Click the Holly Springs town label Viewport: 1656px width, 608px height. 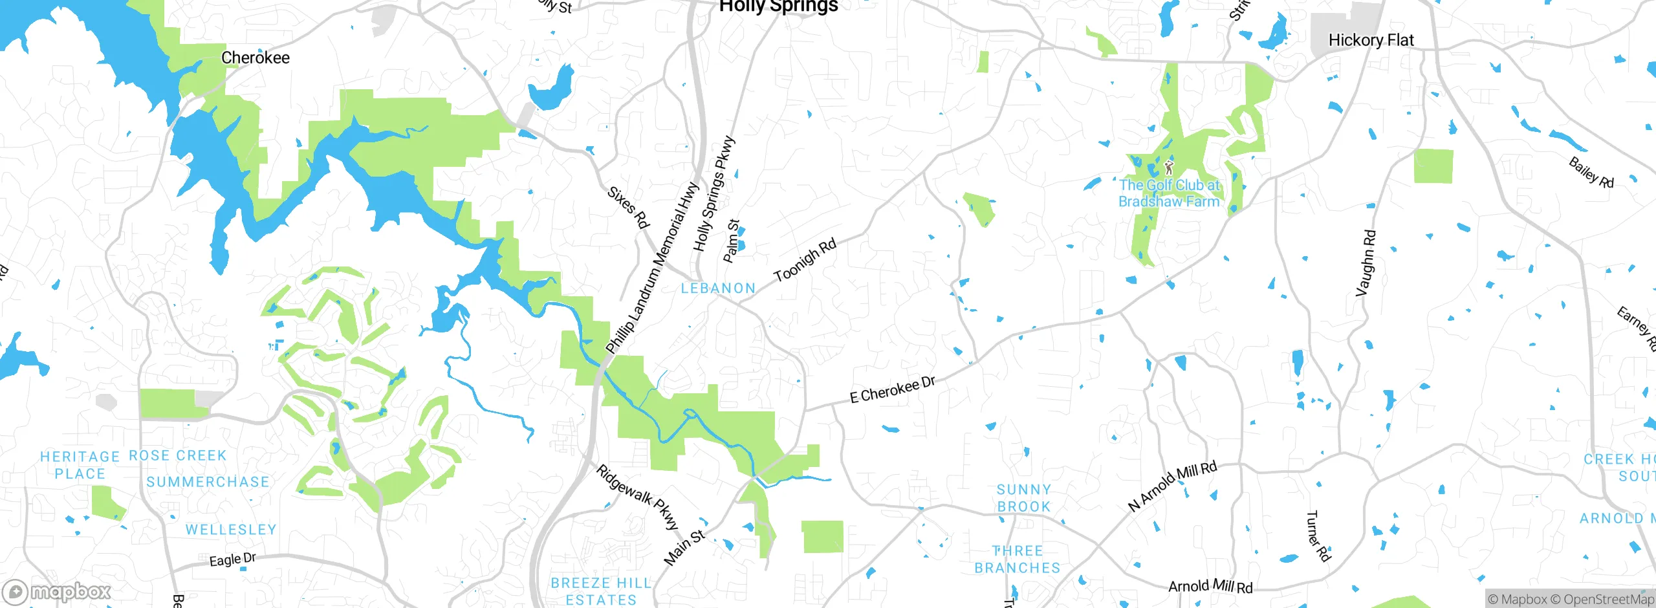778,6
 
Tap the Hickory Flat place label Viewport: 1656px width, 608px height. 1371,40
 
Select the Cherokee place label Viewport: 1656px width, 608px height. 256,58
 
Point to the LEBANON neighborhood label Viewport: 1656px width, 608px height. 718,288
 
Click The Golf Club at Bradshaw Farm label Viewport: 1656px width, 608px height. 1169,193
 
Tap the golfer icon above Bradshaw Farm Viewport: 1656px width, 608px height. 1168,168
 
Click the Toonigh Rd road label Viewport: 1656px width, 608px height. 805,259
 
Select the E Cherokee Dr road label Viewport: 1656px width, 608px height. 893,390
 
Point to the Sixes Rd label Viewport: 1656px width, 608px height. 627,207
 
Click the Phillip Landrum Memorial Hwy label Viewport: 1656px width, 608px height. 652,268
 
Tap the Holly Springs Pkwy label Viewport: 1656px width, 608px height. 714,194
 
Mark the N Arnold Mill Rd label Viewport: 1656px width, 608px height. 1172,486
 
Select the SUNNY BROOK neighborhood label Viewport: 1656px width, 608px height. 1023,498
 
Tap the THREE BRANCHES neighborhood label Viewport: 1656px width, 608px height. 1018,559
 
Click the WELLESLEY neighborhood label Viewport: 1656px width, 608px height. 231,530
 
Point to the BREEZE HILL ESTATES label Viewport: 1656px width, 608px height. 601,591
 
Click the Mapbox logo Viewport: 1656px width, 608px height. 57,592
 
